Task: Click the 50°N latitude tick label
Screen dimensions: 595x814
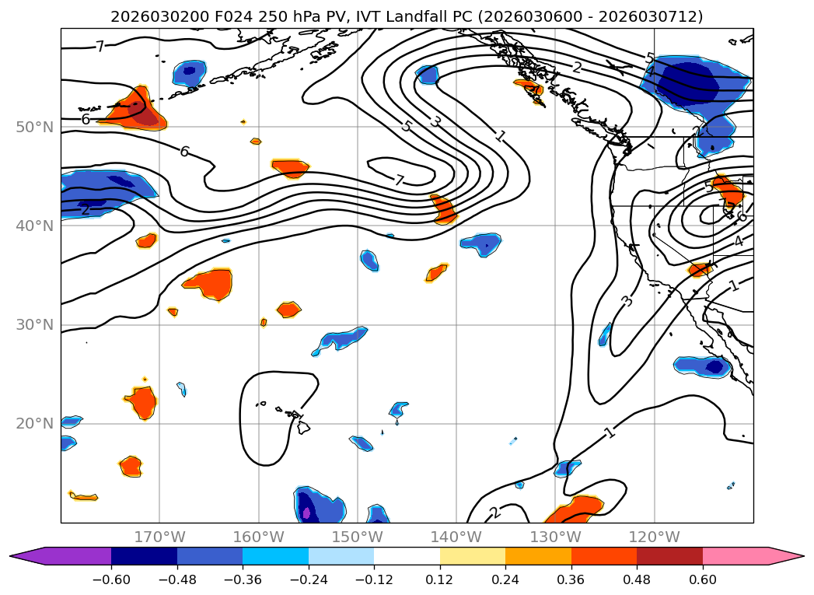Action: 34,127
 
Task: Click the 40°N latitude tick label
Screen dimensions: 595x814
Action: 34,226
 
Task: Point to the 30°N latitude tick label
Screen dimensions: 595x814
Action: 34,324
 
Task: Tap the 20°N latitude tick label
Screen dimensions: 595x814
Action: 34,424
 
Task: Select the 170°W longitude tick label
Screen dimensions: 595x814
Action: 159,537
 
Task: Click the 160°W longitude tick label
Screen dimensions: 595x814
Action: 258,537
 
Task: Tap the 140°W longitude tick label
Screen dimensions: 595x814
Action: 456,537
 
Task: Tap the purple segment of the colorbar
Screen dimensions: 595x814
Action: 70,556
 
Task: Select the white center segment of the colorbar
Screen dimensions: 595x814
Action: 407,556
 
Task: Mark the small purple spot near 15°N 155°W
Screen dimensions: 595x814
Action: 306,513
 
